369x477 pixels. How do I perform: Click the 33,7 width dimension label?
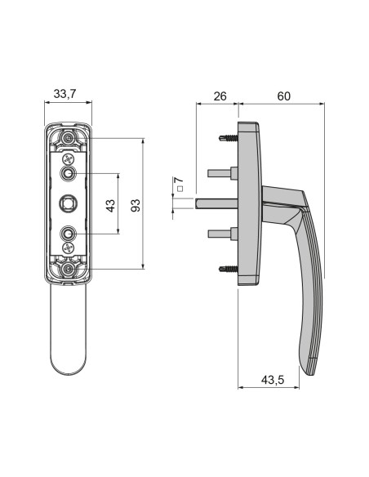pyautogui.click(x=64, y=95)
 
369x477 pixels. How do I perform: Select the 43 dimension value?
pyautogui.click(x=112, y=204)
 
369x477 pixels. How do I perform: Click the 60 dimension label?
pyautogui.click(x=283, y=96)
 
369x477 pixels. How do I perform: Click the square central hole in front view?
pyautogui.click(x=69, y=203)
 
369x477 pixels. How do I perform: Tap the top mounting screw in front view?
pyautogui.click(x=69, y=140)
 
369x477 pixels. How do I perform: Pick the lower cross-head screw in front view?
pyautogui.click(x=69, y=247)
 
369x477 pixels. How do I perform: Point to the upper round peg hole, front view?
pyautogui.click(x=69, y=174)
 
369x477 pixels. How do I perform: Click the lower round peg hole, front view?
pyautogui.click(x=69, y=233)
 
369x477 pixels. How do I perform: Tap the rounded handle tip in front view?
pyautogui.click(x=69, y=363)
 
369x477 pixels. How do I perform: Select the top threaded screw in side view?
pyautogui.click(x=227, y=139)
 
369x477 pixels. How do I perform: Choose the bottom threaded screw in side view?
pyautogui.click(x=227, y=267)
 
